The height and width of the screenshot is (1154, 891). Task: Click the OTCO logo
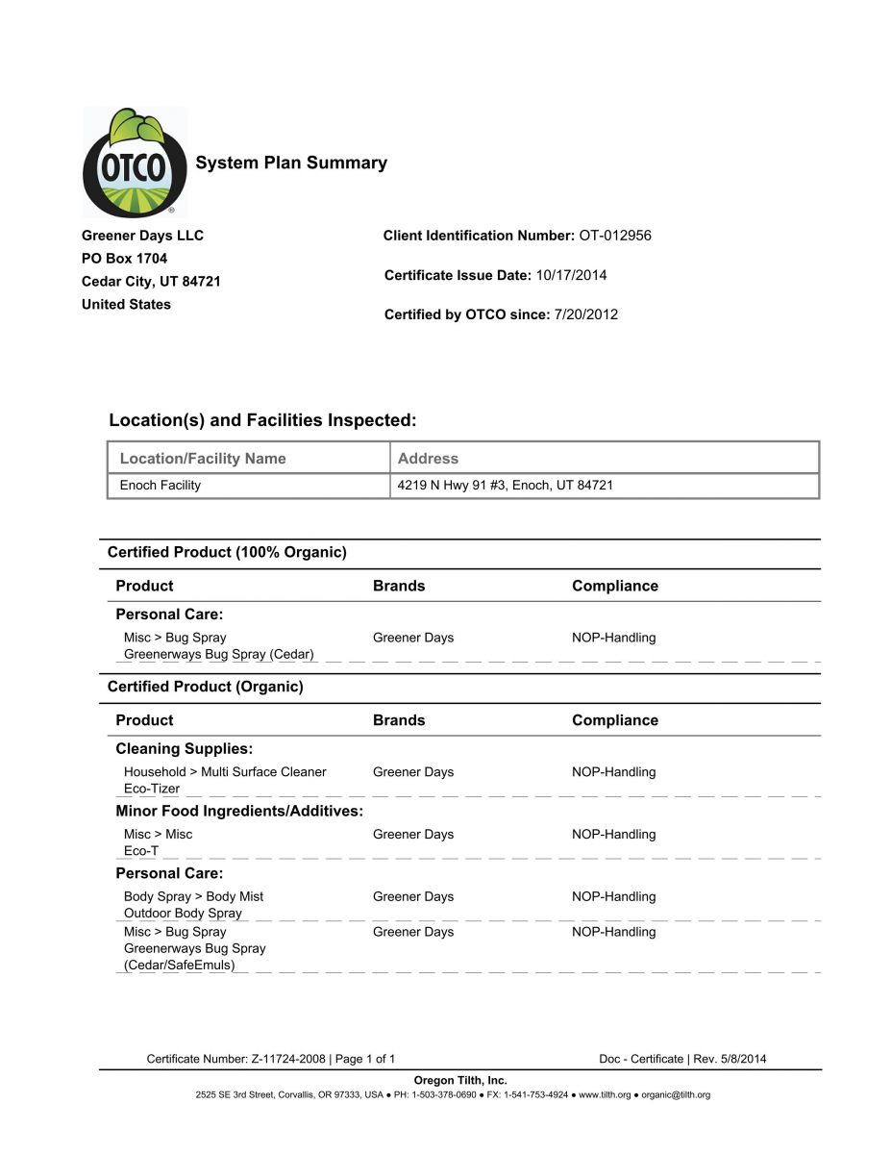click(134, 163)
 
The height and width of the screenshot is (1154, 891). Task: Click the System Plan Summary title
click(291, 163)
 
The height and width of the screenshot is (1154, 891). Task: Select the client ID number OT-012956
click(615, 236)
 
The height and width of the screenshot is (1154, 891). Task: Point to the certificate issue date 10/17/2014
click(571, 275)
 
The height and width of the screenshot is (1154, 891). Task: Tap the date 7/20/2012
click(586, 314)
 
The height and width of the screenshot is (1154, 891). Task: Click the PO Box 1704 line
click(125, 259)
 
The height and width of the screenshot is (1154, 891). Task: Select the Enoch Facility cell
click(161, 486)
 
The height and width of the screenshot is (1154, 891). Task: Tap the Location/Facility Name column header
click(203, 459)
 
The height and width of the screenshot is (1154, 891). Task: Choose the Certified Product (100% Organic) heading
click(227, 552)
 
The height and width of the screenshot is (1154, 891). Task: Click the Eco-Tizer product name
click(152, 789)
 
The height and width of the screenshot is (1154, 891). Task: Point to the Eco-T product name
click(141, 851)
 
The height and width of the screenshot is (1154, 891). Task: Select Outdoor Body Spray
click(183, 914)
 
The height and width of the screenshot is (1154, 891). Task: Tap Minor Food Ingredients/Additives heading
click(239, 811)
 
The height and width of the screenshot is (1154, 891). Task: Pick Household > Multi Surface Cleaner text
click(225, 772)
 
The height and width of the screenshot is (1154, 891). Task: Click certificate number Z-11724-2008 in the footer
click(288, 1060)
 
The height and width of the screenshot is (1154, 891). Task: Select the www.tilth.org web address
click(604, 1095)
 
